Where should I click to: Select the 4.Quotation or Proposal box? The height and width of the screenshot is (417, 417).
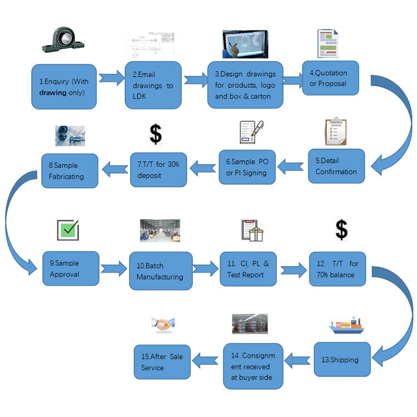(x=330, y=78)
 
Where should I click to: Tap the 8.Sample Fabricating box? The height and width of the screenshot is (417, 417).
(x=69, y=171)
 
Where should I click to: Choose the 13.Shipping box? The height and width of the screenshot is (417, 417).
(x=342, y=359)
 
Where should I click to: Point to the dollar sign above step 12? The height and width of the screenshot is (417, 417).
(x=341, y=229)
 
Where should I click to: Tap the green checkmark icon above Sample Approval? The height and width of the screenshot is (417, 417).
(x=68, y=229)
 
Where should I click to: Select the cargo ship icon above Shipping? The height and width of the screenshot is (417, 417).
(x=345, y=325)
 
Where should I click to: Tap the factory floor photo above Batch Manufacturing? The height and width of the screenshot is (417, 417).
(x=160, y=230)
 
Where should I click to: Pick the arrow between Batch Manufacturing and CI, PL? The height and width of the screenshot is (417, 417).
(x=206, y=269)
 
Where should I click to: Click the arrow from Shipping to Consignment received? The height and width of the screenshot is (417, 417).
(x=298, y=360)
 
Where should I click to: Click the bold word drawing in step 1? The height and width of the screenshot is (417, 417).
(x=52, y=92)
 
